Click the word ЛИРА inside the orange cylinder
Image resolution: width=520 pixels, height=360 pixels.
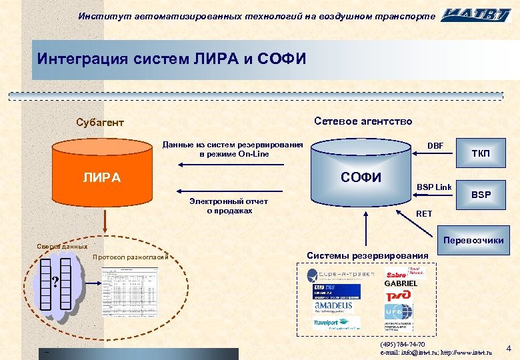(x=101, y=178)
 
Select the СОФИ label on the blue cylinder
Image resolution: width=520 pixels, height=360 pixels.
(x=361, y=177)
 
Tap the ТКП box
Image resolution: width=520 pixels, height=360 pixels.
(x=480, y=154)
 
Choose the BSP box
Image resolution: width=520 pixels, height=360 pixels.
(x=481, y=195)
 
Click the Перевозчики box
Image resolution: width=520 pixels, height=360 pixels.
(x=473, y=240)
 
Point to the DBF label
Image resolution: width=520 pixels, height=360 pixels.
(x=435, y=146)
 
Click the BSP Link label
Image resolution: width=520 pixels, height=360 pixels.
(x=434, y=187)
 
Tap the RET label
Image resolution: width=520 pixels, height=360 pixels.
(x=424, y=213)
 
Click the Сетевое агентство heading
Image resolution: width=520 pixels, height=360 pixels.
(x=363, y=121)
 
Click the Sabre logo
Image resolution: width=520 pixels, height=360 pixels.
(x=397, y=273)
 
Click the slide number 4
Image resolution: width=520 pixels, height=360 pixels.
(x=509, y=349)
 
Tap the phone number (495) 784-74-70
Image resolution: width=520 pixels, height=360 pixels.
(x=402, y=344)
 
